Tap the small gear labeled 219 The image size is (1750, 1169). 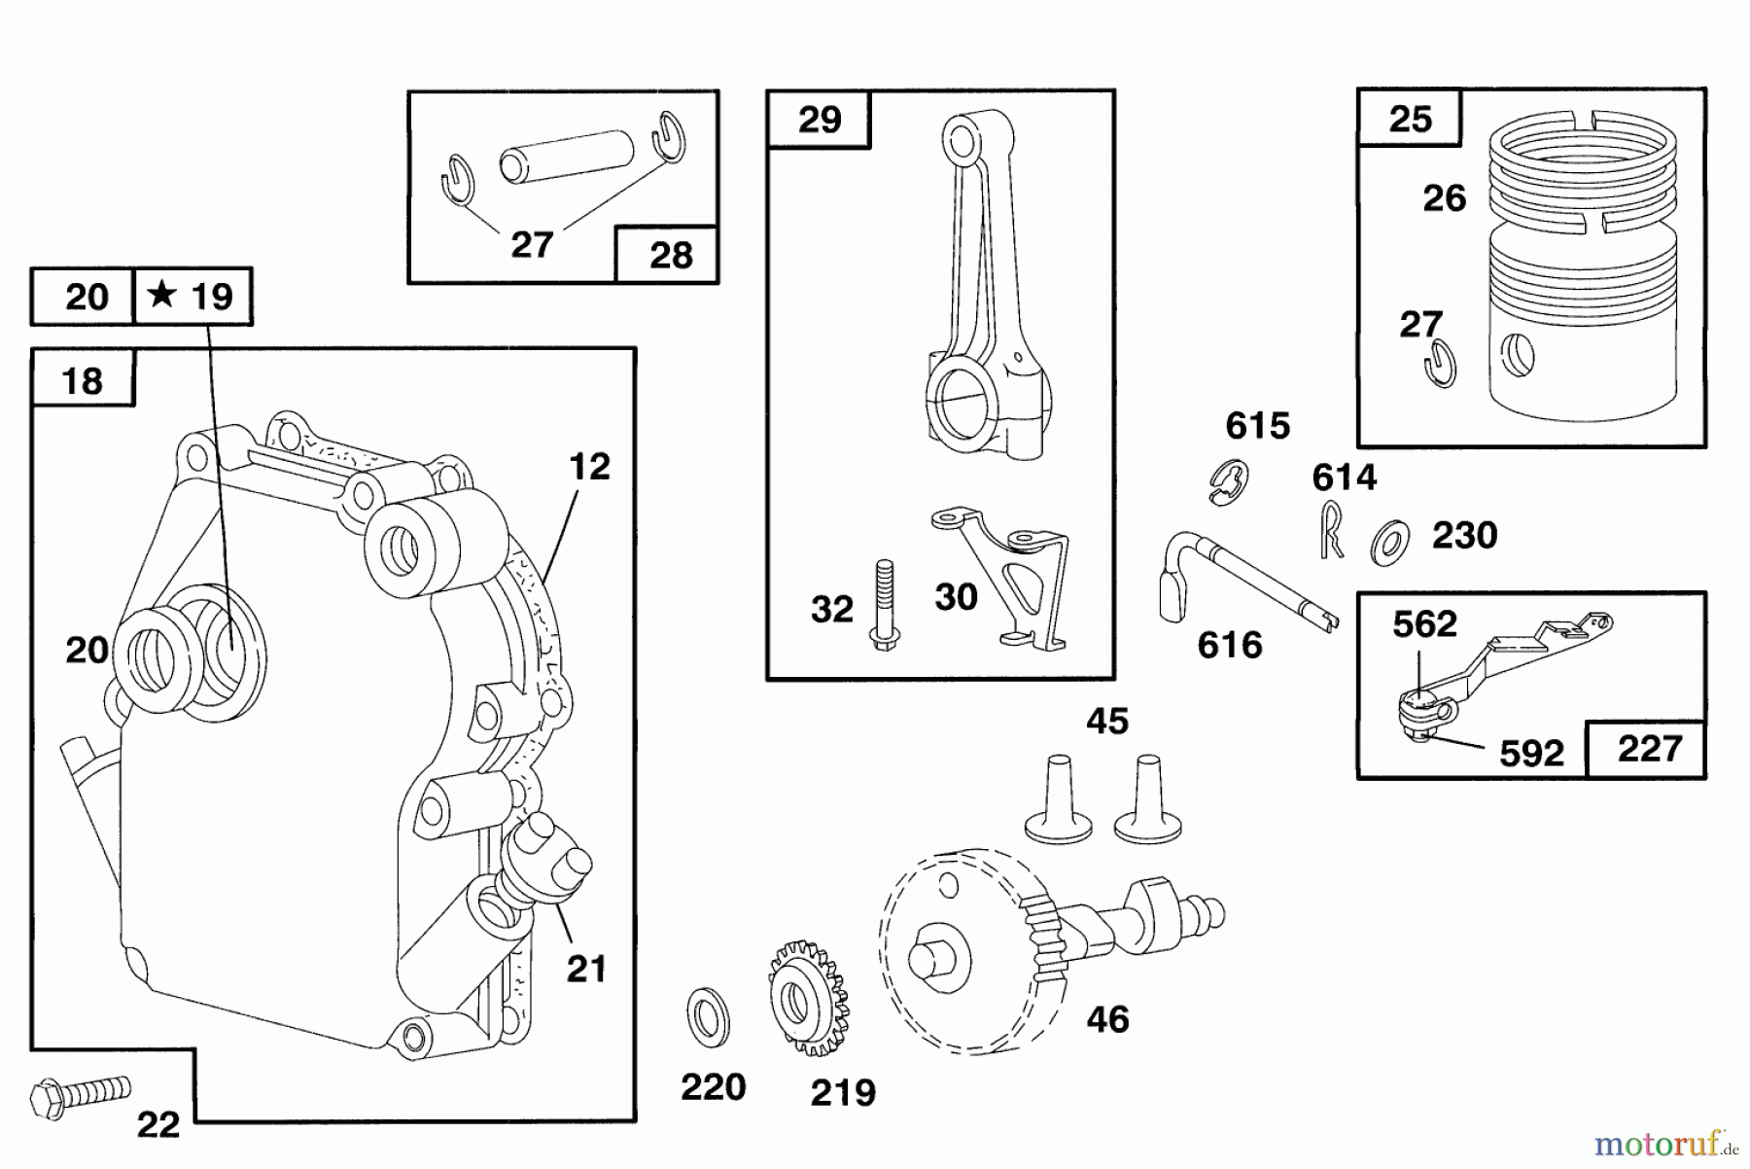807,998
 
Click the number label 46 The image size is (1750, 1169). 1107,1020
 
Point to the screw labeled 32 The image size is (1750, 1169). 884,605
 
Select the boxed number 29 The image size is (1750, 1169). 819,120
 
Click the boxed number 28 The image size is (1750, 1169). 671,256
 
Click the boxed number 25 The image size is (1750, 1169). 1410,119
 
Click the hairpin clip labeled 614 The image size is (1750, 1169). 1332,530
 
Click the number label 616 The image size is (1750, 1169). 1229,645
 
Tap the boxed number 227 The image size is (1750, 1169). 1649,749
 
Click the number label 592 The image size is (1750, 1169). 1531,754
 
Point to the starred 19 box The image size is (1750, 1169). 192,296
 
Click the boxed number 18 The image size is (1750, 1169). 83,381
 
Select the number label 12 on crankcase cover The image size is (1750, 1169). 589,467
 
